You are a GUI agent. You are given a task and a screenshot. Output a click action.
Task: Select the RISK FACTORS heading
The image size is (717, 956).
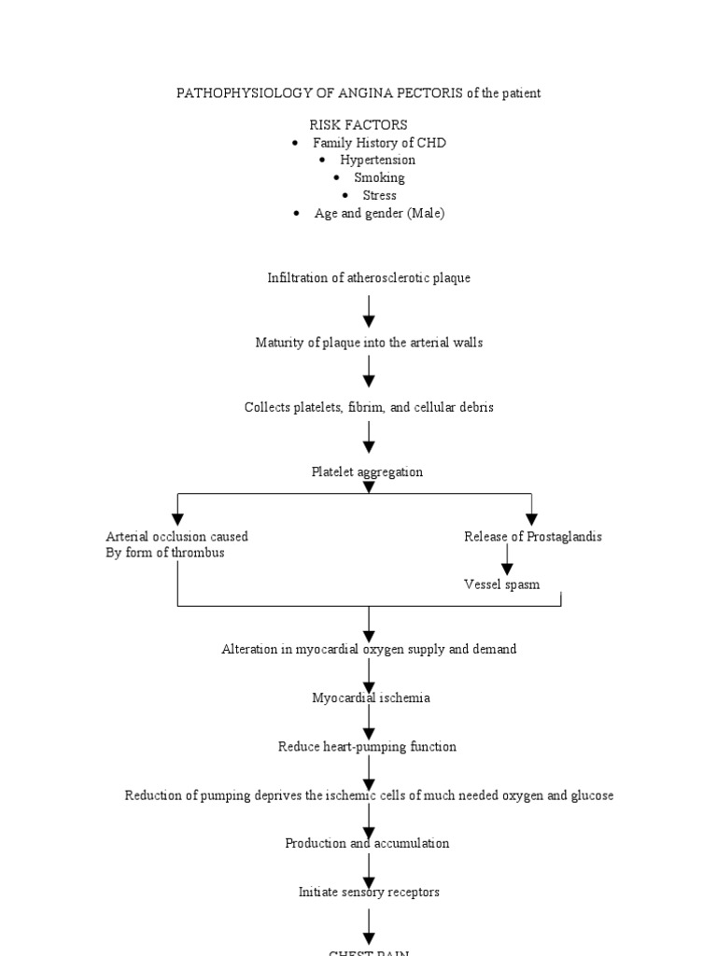pyautogui.click(x=358, y=125)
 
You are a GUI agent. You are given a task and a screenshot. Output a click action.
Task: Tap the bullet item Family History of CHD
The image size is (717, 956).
pyautogui.click(x=379, y=143)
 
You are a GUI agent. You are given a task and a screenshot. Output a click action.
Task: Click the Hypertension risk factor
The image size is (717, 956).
pyautogui.click(x=377, y=161)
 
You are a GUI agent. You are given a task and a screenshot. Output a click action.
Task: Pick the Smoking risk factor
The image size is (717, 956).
pyautogui.click(x=379, y=178)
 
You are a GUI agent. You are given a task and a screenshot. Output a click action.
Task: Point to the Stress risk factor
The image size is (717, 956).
pyautogui.click(x=379, y=196)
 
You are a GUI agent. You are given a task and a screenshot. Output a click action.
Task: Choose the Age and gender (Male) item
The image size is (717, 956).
pyautogui.click(x=379, y=214)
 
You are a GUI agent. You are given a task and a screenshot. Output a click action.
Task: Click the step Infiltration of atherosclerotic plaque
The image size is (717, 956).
pyautogui.click(x=369, y=278)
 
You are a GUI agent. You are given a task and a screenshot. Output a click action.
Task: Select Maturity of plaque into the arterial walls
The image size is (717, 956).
pyautogui.click(x=369, y=343)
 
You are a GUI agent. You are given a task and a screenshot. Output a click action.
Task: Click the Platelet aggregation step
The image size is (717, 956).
pyautogui.click(x=367, y=472)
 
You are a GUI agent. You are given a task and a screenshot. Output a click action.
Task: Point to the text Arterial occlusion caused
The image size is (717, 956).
pyautogui.click(x=177, y=537)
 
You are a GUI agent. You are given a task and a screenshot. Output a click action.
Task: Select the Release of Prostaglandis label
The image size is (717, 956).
pyautogui.click(x=533, y=537)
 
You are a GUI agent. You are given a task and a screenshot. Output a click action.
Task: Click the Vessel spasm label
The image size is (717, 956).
pyautogui.click(x=501, y=585)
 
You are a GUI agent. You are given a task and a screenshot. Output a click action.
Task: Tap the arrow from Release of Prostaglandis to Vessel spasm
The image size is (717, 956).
pyautogui.click(x=507, y=560)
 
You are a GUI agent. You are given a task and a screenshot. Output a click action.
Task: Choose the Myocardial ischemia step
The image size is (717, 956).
pyautogui.click(x=371, y=698)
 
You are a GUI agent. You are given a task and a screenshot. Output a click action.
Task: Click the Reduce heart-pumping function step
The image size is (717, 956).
pyautogui.click(x=367, y=747)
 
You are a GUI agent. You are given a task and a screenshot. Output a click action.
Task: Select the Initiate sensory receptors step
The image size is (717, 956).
pyautogui.click(x=369, y=893)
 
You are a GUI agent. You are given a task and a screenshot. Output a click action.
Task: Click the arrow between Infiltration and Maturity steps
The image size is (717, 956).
pyautogui.click(x=369, y=311)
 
